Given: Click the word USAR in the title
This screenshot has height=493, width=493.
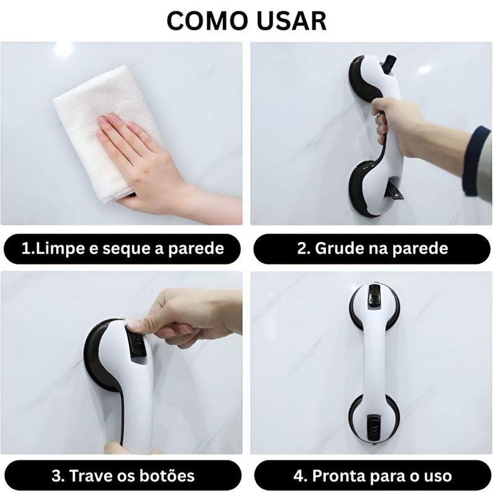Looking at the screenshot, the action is (x=292, y=21).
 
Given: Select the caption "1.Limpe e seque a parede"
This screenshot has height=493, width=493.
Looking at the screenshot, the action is (x=123, y=249).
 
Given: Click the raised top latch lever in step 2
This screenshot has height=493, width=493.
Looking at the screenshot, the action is (x=390, y=63).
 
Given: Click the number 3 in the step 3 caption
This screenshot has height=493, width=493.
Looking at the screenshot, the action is (x=56, y=476).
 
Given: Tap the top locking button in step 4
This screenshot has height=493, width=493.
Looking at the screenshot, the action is (x=375, y=296).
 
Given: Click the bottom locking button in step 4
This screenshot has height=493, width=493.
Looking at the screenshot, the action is (x=373, y=425).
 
